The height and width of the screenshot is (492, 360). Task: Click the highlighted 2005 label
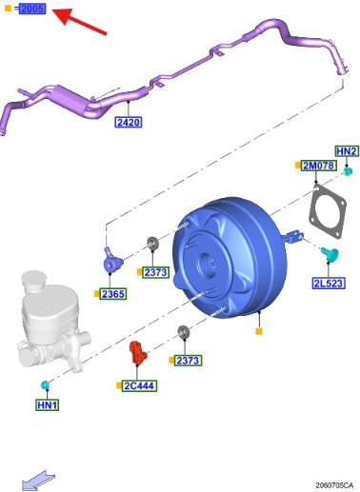(32, 9)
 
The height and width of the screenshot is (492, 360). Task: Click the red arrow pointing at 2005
(79, 21)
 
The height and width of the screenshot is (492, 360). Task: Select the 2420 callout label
(128, 122)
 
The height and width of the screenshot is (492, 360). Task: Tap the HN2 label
(347, 151)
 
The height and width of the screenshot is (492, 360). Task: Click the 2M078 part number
(318, 166)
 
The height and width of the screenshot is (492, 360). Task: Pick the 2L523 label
(329, 284)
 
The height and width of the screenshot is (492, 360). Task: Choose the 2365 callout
(113, 294)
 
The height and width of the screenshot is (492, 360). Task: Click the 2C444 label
(139, 385)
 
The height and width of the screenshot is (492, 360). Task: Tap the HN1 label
(48, 405)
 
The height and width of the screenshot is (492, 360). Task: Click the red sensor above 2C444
(137, 352)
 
